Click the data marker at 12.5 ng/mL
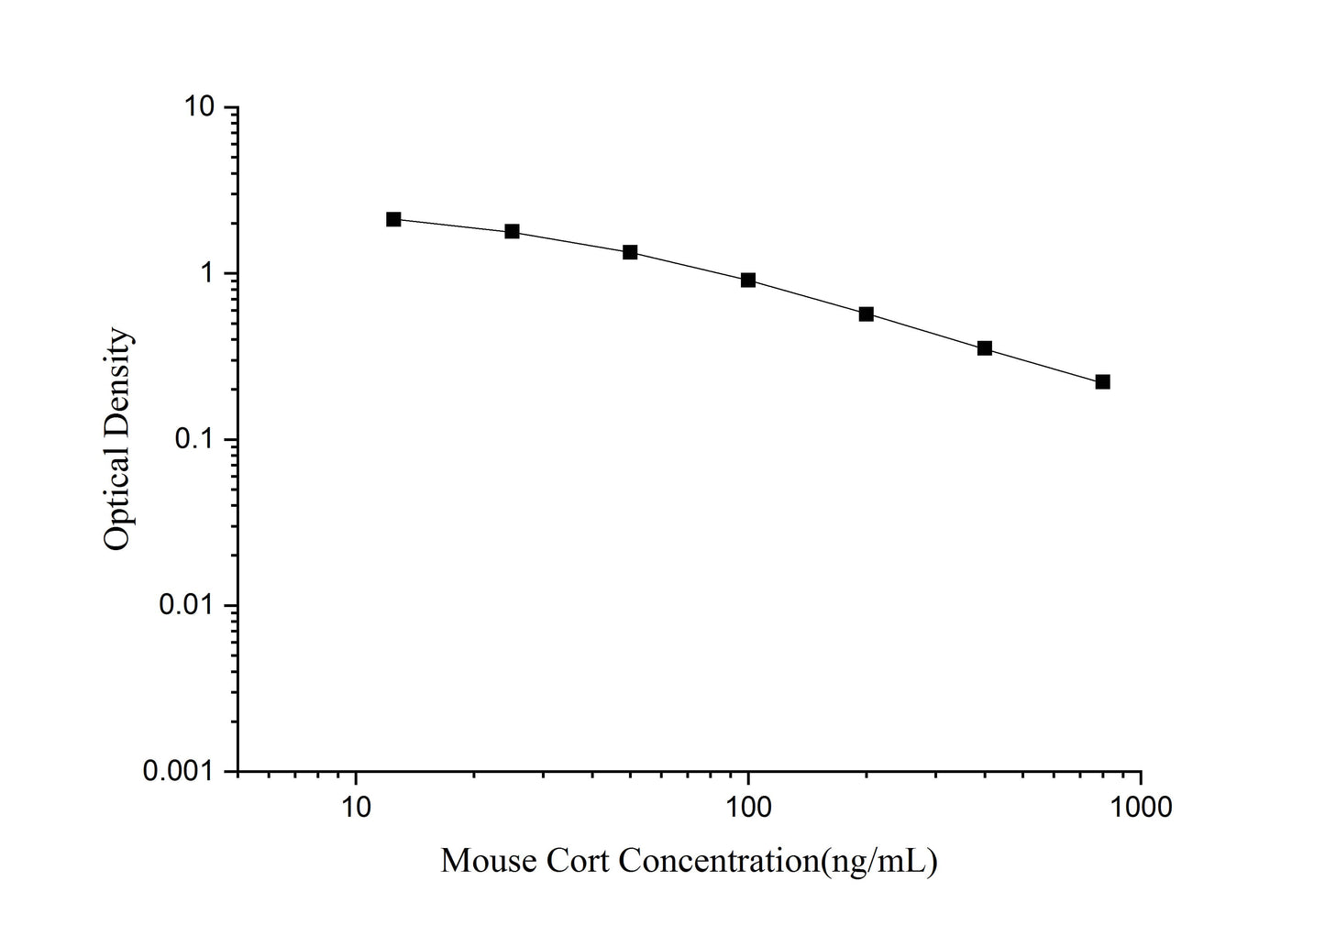click(393, 219)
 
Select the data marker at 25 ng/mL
click(512, 231)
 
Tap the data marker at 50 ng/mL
click(630, 252)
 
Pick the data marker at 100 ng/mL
click(748, 280)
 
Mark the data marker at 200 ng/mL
click(867, 314)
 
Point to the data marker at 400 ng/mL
click(985, 348)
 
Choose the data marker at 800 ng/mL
click(1103, 381)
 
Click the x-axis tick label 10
click(356, 806)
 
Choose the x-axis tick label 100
click(748, 806)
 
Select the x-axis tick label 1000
click(1141, 806)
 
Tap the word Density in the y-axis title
click(117, 381)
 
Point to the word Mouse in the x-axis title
click(488, 861)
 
